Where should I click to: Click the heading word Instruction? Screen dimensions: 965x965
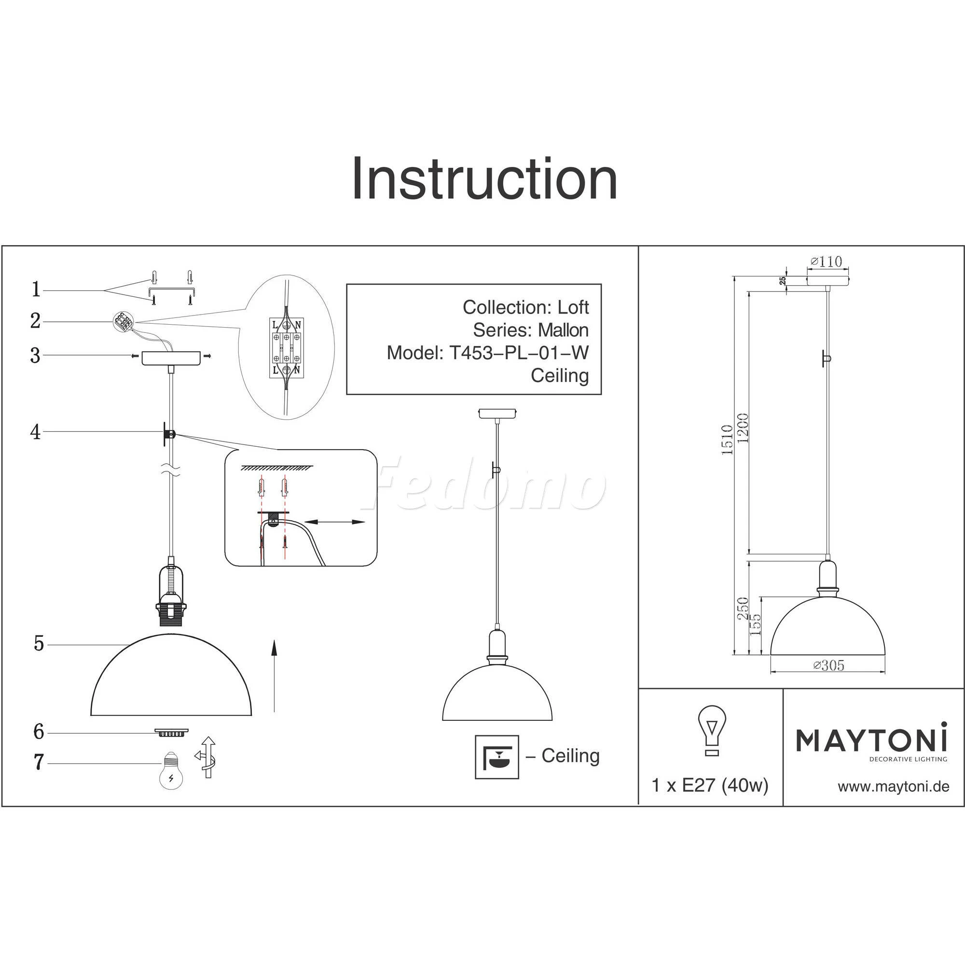(x=484, y=179)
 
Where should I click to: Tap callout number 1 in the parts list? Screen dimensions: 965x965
(x=36, y=289)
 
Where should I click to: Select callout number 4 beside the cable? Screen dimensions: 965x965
(x=35, y=432)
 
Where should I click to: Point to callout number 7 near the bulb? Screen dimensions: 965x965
(x=39, y=762)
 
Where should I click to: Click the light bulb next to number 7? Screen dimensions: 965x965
(x=171, y=770)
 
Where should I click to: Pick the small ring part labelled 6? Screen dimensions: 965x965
(x=172, y=732)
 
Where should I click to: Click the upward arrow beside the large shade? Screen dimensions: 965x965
(x=274, y=675)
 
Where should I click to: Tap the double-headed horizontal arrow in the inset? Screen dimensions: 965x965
(x=335, y=522)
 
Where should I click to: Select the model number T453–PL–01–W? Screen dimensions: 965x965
(x=519, y=353)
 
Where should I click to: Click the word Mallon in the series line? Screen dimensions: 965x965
(x=563, y=330)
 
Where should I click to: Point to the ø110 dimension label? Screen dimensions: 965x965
(x=826, y=261)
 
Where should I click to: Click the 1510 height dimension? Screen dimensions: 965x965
(x=727, y=440)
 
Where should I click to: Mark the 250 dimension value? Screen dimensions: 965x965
(x=743, y=608)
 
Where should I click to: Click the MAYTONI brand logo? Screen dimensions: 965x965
(x=871, y=740)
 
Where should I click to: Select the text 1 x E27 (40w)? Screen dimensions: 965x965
(x=710, y=786)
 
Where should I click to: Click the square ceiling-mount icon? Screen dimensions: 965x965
(x=496, y=757)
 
